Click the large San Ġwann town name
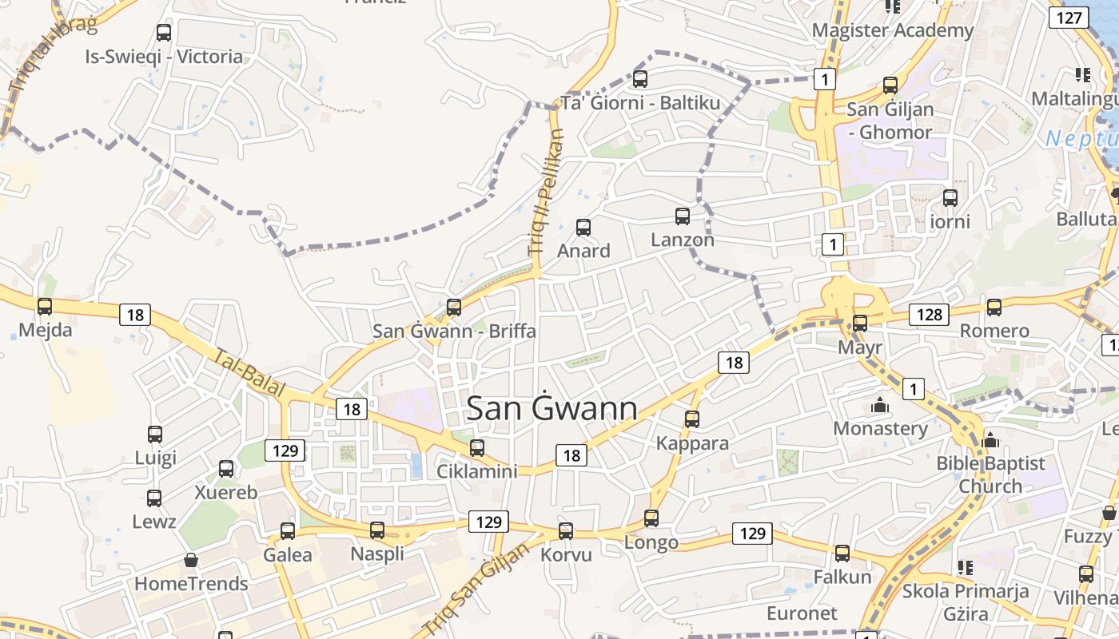[552, 408]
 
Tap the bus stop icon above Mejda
[45, 307]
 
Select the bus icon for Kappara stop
[692, 419]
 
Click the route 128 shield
[930, 315]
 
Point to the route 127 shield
[1069, 18]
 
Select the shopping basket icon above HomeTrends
[190, 560]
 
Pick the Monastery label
[880, 428]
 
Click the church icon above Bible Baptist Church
[990, 440]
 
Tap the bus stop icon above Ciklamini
[477, 448]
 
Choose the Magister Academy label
[893, 30]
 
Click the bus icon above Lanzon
[683, 216]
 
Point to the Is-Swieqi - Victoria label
[164, 57]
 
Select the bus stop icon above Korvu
[566, 531]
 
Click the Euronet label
[802, 613]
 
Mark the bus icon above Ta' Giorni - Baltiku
[639, 79]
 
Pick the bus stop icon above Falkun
[842, 554]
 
